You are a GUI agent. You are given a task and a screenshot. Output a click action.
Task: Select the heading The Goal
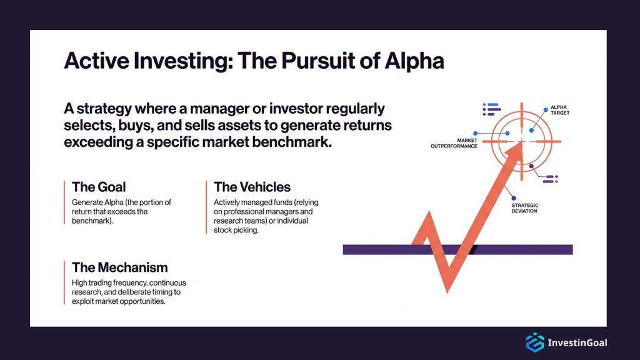point(99,187)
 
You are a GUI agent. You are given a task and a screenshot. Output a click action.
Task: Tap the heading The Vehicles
point(252,187)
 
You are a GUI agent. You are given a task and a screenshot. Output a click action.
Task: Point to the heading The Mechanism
point(119,267)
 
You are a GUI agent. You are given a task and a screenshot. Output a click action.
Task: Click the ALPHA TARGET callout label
point(559,111)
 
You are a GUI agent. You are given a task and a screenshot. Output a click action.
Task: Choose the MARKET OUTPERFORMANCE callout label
point(454,142)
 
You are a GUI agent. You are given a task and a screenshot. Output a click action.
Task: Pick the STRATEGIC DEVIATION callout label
point(524,208)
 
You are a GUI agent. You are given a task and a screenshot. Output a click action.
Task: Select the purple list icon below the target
point(549,179)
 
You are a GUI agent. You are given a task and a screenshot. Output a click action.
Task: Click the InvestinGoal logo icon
point(534,342)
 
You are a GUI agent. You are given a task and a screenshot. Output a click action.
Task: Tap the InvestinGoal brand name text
point(577,342)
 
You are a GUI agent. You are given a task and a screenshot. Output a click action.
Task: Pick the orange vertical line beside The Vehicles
point(206,207)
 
